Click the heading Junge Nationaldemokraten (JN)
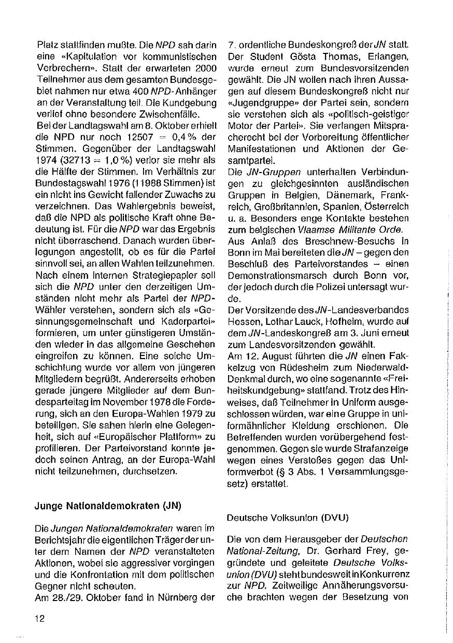pyautogui.click(x=108, y=506)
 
